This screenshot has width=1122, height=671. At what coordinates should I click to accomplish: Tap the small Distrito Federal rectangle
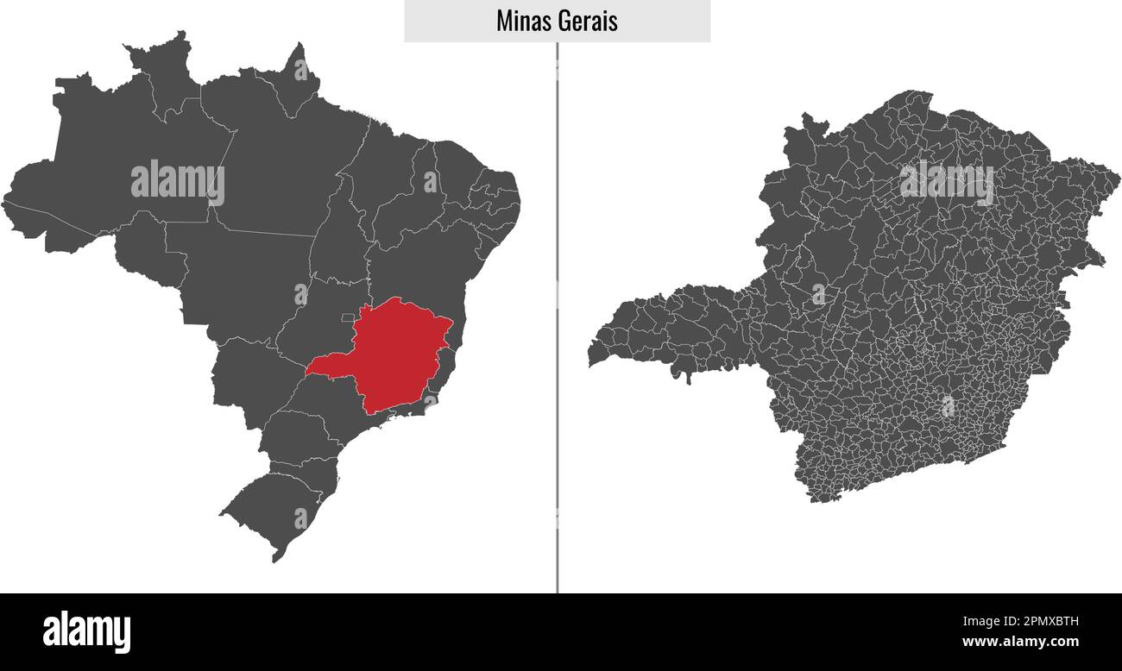point(348,317)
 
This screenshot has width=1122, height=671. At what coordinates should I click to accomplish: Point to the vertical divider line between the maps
point(558,345)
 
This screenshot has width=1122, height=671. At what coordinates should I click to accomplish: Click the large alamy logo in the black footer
point(86,631)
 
